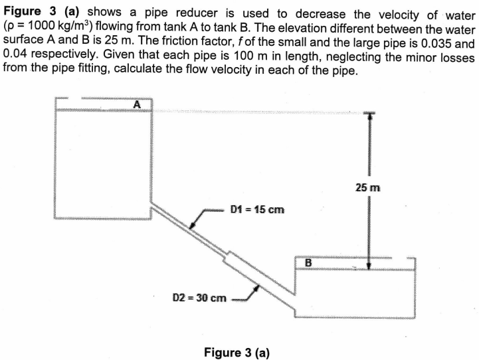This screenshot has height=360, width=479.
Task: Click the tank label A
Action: point(138,104)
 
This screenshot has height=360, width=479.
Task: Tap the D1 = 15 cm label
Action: point(257,210)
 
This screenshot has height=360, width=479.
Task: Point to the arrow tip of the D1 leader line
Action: point(191,227)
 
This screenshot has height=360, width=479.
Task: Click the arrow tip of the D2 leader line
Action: point(256,286)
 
